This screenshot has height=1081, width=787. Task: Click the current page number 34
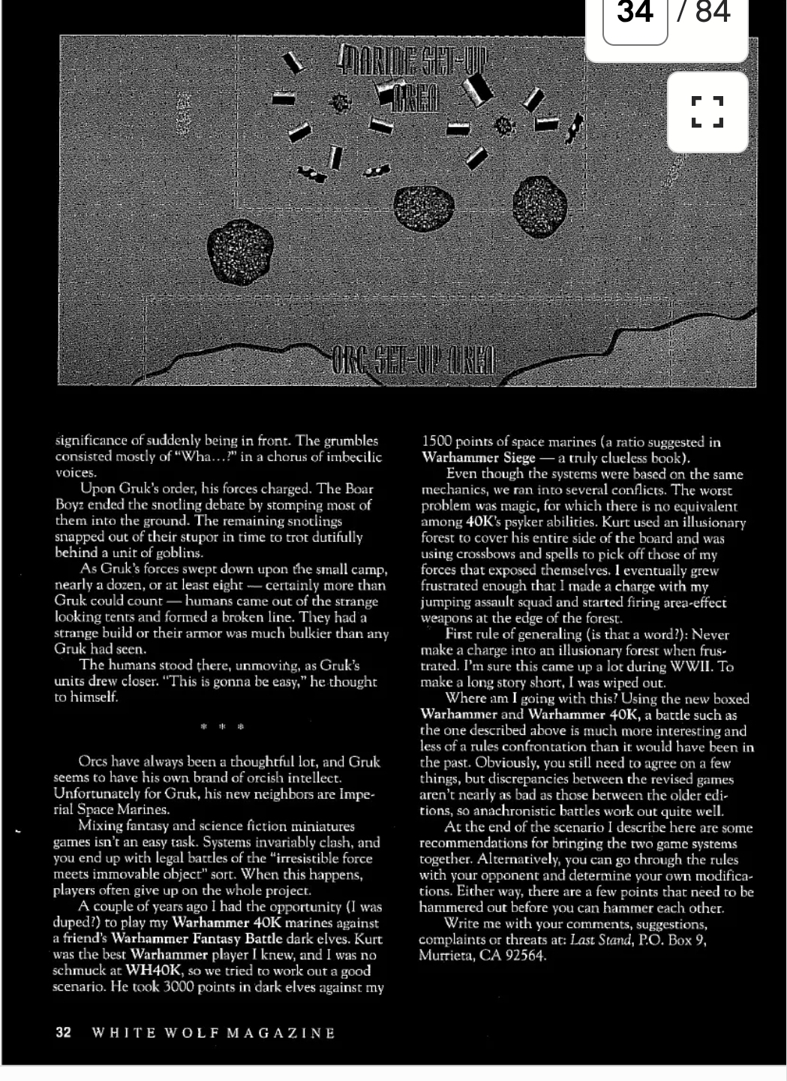tap(635, 12)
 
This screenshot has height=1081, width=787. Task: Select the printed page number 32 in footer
tap(63, 1032)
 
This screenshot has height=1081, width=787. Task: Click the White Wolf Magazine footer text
tap(213, 1033)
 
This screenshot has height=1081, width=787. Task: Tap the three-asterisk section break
tap(222, 727)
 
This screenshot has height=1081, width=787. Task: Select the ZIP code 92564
tap(524, 956)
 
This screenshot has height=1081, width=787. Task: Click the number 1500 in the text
tap(437, 441)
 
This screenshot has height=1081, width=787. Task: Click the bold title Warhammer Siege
tap(479, 458)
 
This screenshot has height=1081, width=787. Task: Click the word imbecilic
tap(347, 456)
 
